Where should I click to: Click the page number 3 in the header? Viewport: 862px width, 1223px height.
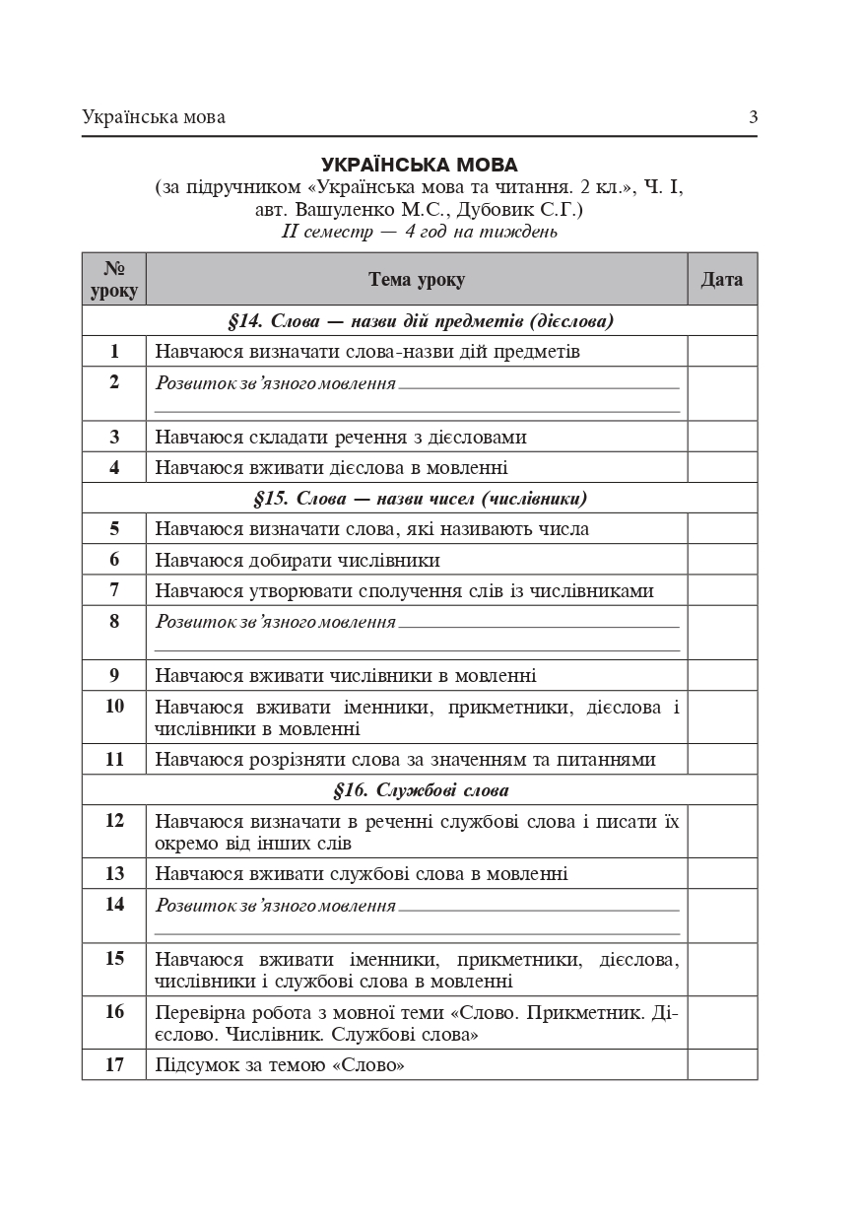pos(753,117)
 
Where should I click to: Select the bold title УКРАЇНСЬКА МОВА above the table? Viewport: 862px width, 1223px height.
pos(419,165)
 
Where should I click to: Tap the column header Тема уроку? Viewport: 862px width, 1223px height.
pos(417,280)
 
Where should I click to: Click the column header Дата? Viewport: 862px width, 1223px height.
pos(722,280)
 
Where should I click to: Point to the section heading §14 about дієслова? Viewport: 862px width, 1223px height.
pos(420,321)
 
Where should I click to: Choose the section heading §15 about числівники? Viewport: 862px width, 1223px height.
pos(420,498)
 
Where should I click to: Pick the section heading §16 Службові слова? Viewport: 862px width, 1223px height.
pos(420,790)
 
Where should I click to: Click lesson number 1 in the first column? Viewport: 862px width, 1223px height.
pos(114,351)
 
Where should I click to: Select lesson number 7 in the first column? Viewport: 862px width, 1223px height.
pos(114,590)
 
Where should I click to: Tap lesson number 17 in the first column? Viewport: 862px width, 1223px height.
pos(114,1065)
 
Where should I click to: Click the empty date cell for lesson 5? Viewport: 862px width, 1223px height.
pos(722,529)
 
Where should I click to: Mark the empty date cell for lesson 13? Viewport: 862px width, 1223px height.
pos(722,874)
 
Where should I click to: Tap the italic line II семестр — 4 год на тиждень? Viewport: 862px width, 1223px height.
pos(419,233)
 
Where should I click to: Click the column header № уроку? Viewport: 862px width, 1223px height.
pos(114,280)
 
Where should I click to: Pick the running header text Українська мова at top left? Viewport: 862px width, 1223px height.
pos(154,117)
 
